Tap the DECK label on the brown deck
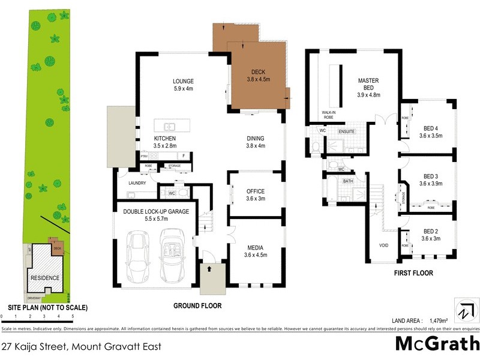(x=259, y=70)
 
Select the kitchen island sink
(x=169, y=127)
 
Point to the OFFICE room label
(x=256, y=191)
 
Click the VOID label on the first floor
(x=385, y=245)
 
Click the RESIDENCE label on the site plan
(x=44, y=278)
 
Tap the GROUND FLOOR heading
(x=197, y=306)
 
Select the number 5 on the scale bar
(x=73, y=316)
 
